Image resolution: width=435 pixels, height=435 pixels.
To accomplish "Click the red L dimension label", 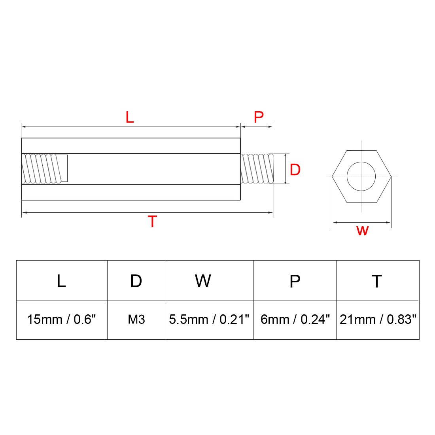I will pyautogui.click(x=130, y=117).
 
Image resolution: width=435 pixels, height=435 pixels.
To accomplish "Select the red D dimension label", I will pyautogui.click(x=295, y=170).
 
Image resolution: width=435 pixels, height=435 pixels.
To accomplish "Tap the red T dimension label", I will pyautogui.click(x=152, y=222).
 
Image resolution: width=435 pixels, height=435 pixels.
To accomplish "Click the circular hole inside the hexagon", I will pyautogui.click(x=361, y=176).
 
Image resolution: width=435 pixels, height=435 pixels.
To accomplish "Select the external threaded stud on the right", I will pyautogui.click(x=257, y=169).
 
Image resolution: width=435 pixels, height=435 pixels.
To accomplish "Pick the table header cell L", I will pyautogui.click(x=61, y=281).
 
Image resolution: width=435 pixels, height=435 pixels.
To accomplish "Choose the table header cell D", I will pyautogui.click(x=136, y=281).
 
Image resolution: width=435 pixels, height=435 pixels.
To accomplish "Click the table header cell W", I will pyautogui.click(x=203, y=281).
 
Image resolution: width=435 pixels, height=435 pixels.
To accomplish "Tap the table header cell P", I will pyautogui.click(x=295, y=281).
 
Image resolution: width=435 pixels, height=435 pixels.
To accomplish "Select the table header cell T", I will pyautogui.click(x=377, y=281).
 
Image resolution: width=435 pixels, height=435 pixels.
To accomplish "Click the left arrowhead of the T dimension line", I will pyautogui.click(x=24, y=213).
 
